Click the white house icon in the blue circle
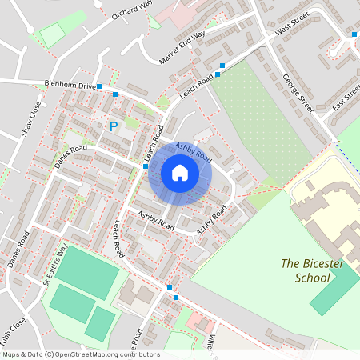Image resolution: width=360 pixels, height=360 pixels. [180, 172]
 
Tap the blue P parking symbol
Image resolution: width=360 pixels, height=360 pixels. [113, 126]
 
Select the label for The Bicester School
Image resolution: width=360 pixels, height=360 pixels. [306, 270]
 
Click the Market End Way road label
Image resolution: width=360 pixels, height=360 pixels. [182, 48]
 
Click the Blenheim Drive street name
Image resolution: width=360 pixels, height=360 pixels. [70, 86]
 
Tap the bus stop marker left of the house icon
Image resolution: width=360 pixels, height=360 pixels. [146, 166]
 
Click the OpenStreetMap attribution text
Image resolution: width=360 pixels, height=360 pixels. [81, 354]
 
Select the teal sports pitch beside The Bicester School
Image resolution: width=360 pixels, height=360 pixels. [334, 289]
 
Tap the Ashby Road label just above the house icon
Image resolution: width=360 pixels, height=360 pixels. [193, 150]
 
